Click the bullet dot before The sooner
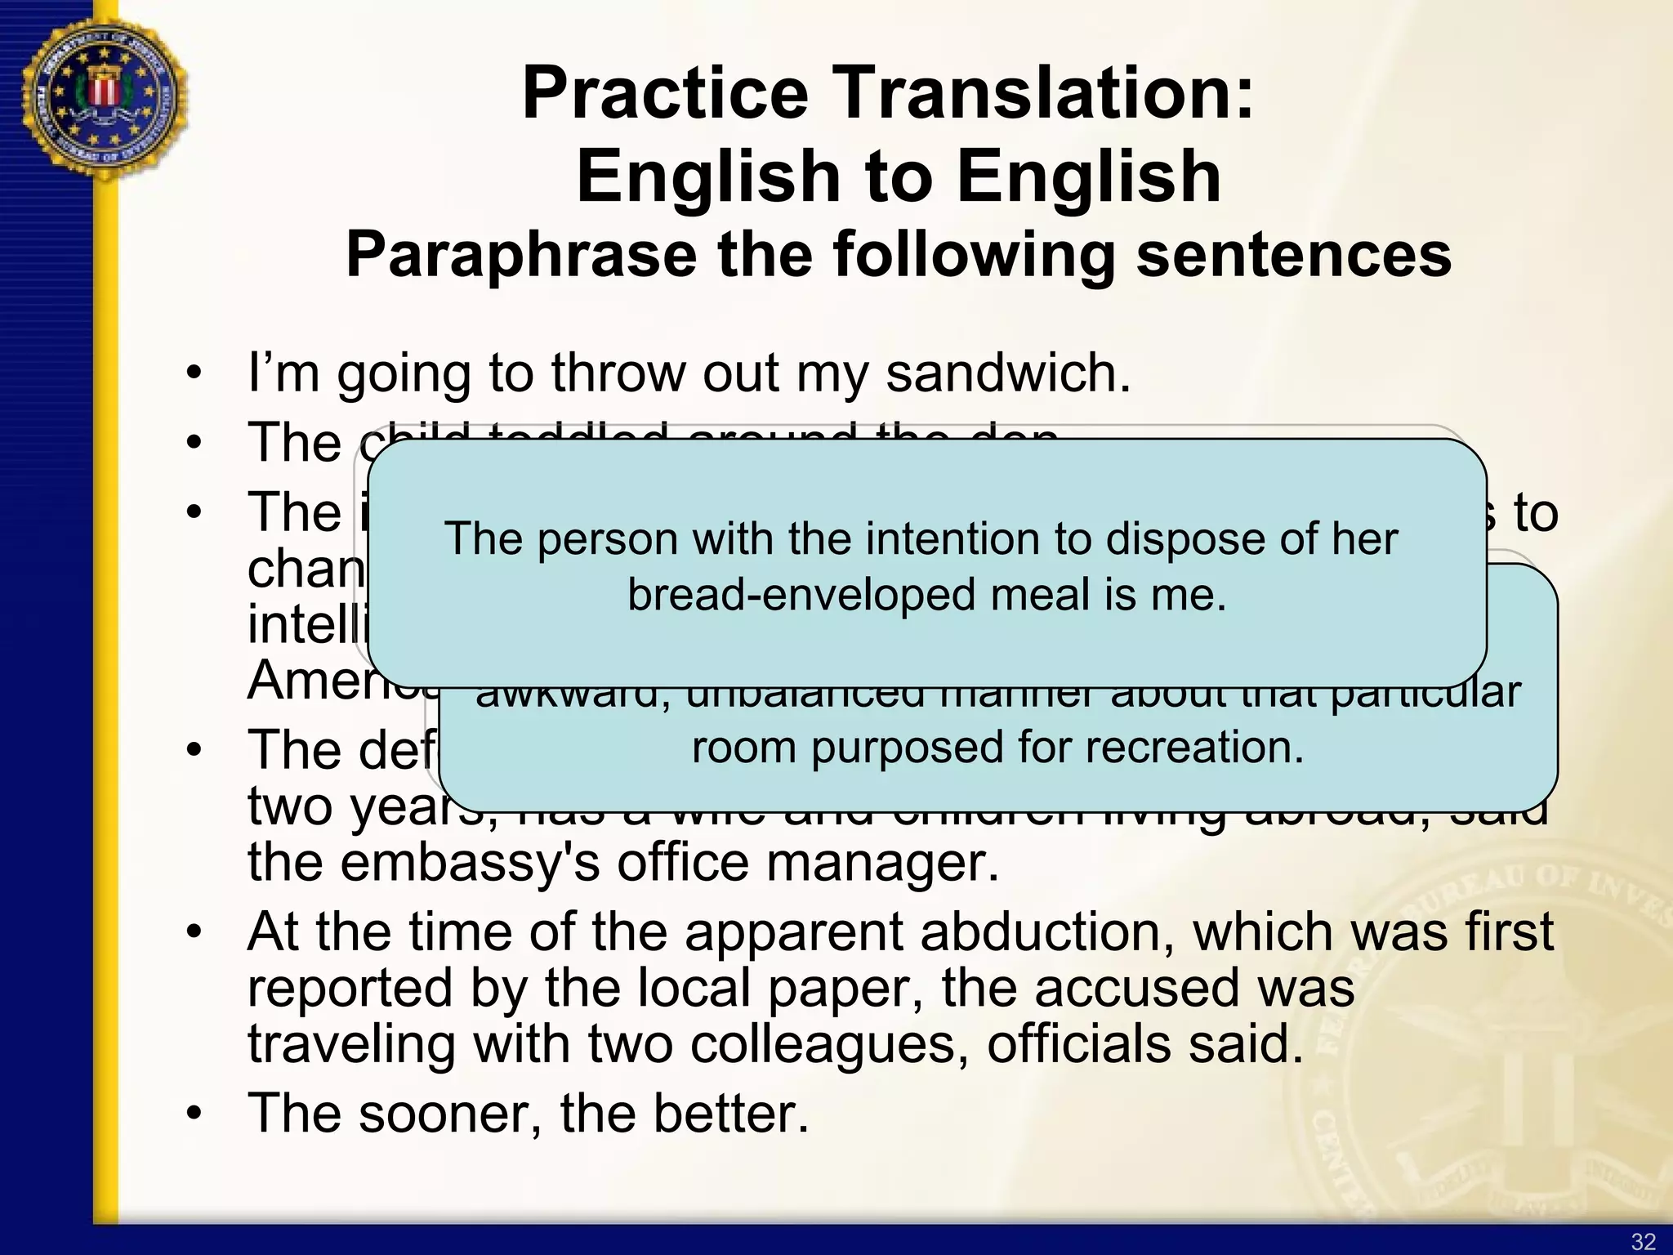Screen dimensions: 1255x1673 [193, 1115]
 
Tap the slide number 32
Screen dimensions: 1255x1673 [1643, 1241]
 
